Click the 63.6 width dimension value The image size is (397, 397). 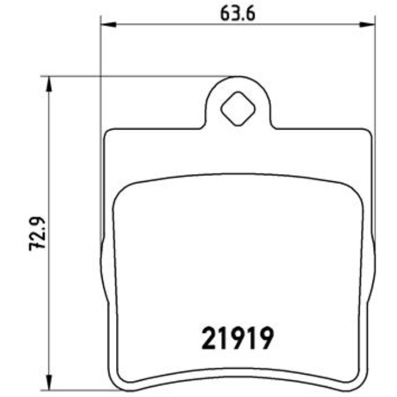coord(237,13)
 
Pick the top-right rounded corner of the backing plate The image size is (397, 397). coord(367,133)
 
